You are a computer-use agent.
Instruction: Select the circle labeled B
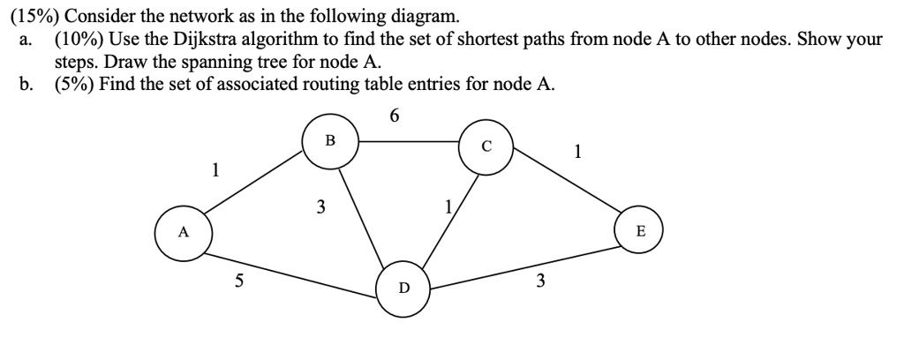tap(329, 140)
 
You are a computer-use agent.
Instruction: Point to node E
tap(641, 232)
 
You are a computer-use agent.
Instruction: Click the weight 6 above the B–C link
tap(394, 115)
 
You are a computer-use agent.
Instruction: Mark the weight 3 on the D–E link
tap(541, 282)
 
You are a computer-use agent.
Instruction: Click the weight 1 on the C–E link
tap(577, 151)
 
